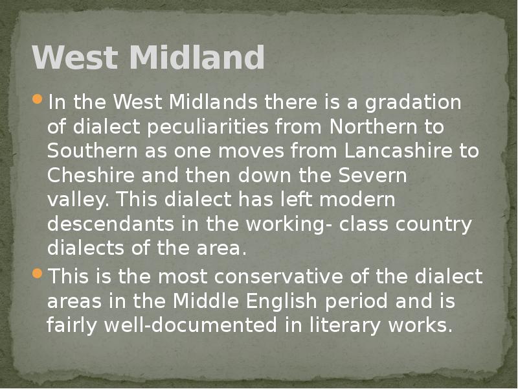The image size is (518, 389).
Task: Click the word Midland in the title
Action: (x=197, y=58)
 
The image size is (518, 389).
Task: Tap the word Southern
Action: (x=86, y=151)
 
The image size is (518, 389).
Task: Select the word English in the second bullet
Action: (x=337, y=301)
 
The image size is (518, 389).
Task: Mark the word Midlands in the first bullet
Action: (x=216, y=102)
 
